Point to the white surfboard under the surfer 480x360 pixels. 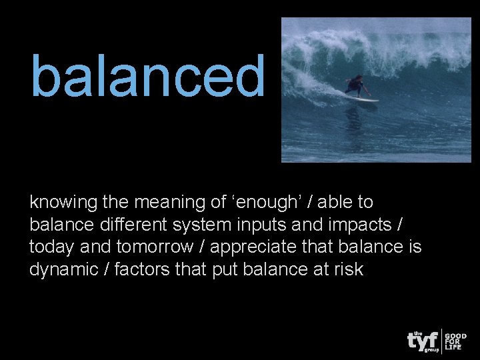tap(361, 98)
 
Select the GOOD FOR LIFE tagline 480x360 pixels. tap(457, 341)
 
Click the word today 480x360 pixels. tap(52, 247)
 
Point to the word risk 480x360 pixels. tap(349, 270)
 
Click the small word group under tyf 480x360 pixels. tap(431, 349)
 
